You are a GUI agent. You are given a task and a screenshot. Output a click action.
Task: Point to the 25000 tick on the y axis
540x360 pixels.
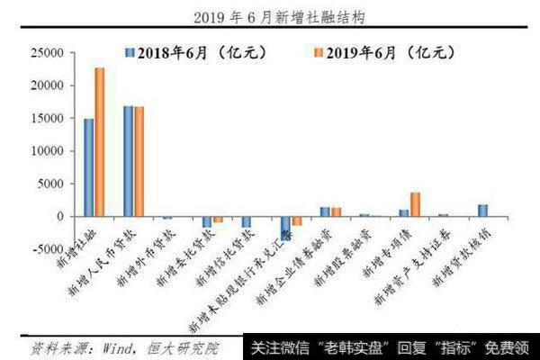pos(49,53)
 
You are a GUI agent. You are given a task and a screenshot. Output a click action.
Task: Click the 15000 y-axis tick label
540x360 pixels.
pos(49,119)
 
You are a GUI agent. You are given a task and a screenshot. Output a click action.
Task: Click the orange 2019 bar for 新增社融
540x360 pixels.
pos(100,142)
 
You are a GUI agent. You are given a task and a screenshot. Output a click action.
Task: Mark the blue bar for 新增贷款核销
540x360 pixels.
pos(482,211)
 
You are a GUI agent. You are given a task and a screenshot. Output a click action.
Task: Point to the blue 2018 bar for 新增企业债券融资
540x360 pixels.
pos(325,211)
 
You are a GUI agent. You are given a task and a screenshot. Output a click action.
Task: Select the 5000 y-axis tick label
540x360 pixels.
pos(51,184)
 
